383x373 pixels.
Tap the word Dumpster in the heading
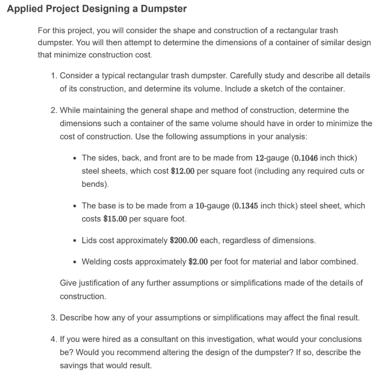tap(163, 9)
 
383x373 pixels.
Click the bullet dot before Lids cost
tap(75, 240)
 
